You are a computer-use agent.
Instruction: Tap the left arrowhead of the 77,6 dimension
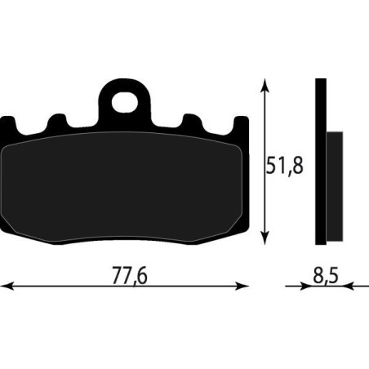click(x=7, y=287)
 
